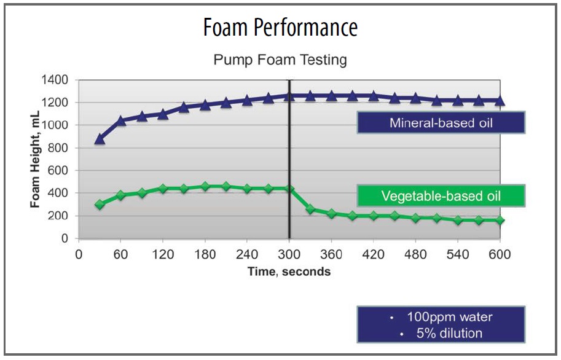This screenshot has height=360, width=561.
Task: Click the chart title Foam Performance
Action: pyautogui.click(x=280, y=27)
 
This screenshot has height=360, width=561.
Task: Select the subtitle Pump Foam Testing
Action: pyautogui.click(x=280, y=60)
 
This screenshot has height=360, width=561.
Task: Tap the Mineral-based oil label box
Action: pyautogui.click(x=441, y=123)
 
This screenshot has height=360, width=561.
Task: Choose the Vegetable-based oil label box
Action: pyautogui.click(x=441, y=196)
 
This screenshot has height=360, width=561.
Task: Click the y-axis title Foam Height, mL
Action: pyautogui.click(x=35, y=159)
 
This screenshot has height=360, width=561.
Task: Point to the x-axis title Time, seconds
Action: pyautogui.click(x=289, y=272)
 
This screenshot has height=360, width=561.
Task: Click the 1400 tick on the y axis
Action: pyautogui.click(x=55, y=80)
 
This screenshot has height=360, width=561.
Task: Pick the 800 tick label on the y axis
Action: pyautogui.click(x=58, y=148)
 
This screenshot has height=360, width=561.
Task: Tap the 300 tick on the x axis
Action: pyautogui.click(x=289, y=254)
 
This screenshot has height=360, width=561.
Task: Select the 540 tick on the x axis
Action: pyautogui.click(x=458, y=254)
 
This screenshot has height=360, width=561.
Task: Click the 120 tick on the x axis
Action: pyautogui.click(x=163, y=254)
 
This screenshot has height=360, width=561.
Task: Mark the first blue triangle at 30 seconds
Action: pyautogui.click(x=100, y=139)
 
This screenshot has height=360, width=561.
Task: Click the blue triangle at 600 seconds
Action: pyautogui.click(x=500, y=101)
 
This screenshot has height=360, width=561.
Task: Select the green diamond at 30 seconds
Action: pyautogui.click(x=100, y=205)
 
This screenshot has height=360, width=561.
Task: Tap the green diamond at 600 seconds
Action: pyautogui.click(x=500, y=220)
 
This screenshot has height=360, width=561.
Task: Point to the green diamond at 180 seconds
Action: pyautogui.click(x=205, y=186)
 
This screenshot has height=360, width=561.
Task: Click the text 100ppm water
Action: pyautogui.click(x=450, y=317)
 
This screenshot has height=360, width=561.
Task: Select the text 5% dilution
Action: pyautogui.click(x=449, y=333)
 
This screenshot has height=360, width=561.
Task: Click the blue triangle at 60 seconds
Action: pyautogui.click(x=120, y=121)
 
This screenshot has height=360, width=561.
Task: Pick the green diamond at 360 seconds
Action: pyautogui.click(x=331, y=214)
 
